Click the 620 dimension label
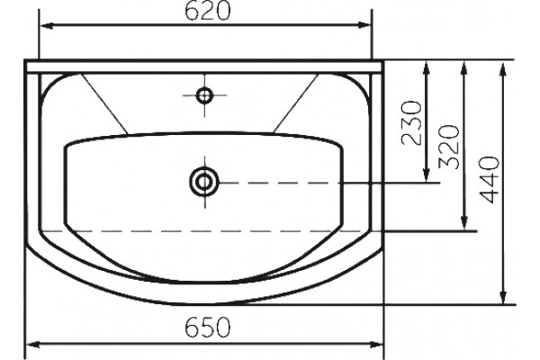[207, 12]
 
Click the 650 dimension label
[207, 328]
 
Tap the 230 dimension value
[412, 122]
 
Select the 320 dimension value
[450, 147]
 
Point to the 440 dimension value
[489, 179]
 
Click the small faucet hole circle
[204, 95]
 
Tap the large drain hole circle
[204, 182]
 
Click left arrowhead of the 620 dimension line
[46, 25]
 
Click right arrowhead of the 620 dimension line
[364, 25]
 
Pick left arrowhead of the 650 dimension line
[33, 345]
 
